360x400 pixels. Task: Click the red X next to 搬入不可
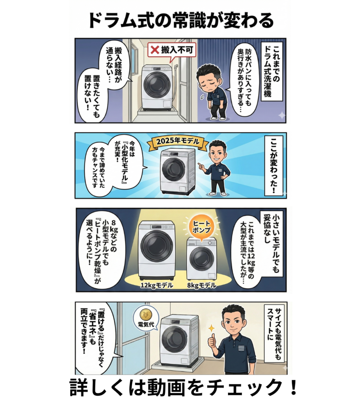tap(155, 50)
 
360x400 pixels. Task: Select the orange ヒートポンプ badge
tap(201, 227)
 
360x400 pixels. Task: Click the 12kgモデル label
tap(157, 285)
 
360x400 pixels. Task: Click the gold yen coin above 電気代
tap(146, 314)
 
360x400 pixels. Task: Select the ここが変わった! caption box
tap(274, 165)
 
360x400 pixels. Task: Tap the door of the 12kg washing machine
tap(157, 246)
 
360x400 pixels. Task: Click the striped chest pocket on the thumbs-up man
tap(241, 348)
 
